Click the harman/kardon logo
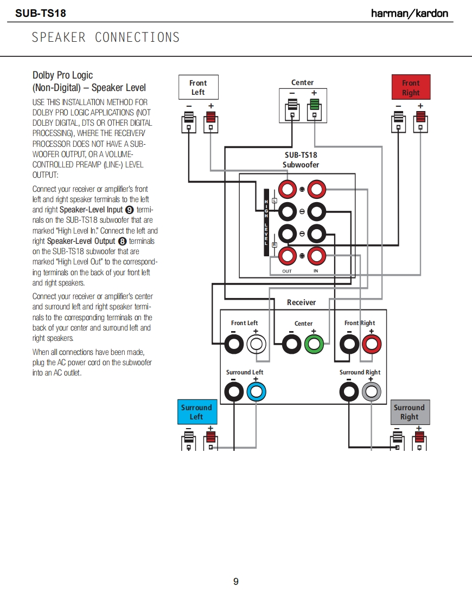pyautogui.click(x=410, y=13)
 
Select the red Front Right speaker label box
pyautogui.click(x=411, y=88)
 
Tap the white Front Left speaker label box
pyautogui.click(x=198, y=87)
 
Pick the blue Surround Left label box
pyautogui.click(x=196, y=412)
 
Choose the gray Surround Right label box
pyautogui.click(x=410, y=412)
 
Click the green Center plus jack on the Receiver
pyautogui.click(x=315, y=344)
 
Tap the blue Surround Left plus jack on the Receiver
pyautogui.click(x=256, y=391)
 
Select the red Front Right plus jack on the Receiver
pyautogui.click(x=372, y=344)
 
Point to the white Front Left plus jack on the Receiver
pyautogui.click(x=256, y=344)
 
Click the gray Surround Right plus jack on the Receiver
pyautogui.click(x=372, y=391)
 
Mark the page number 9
pyautogui.click(x=236, y=581)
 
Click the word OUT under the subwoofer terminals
pyautogui.click(x=287, y=270)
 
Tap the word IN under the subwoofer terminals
pyautogui.click(x=316, y=270)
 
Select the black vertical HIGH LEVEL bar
pyautogui.click(x=266, y=222)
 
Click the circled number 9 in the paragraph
pyautogui.click(x=129, y=210)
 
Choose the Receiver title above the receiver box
pyautogui.click(x=301, y=302)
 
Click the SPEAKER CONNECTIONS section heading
pyautogui.click(x=106, y=37)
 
